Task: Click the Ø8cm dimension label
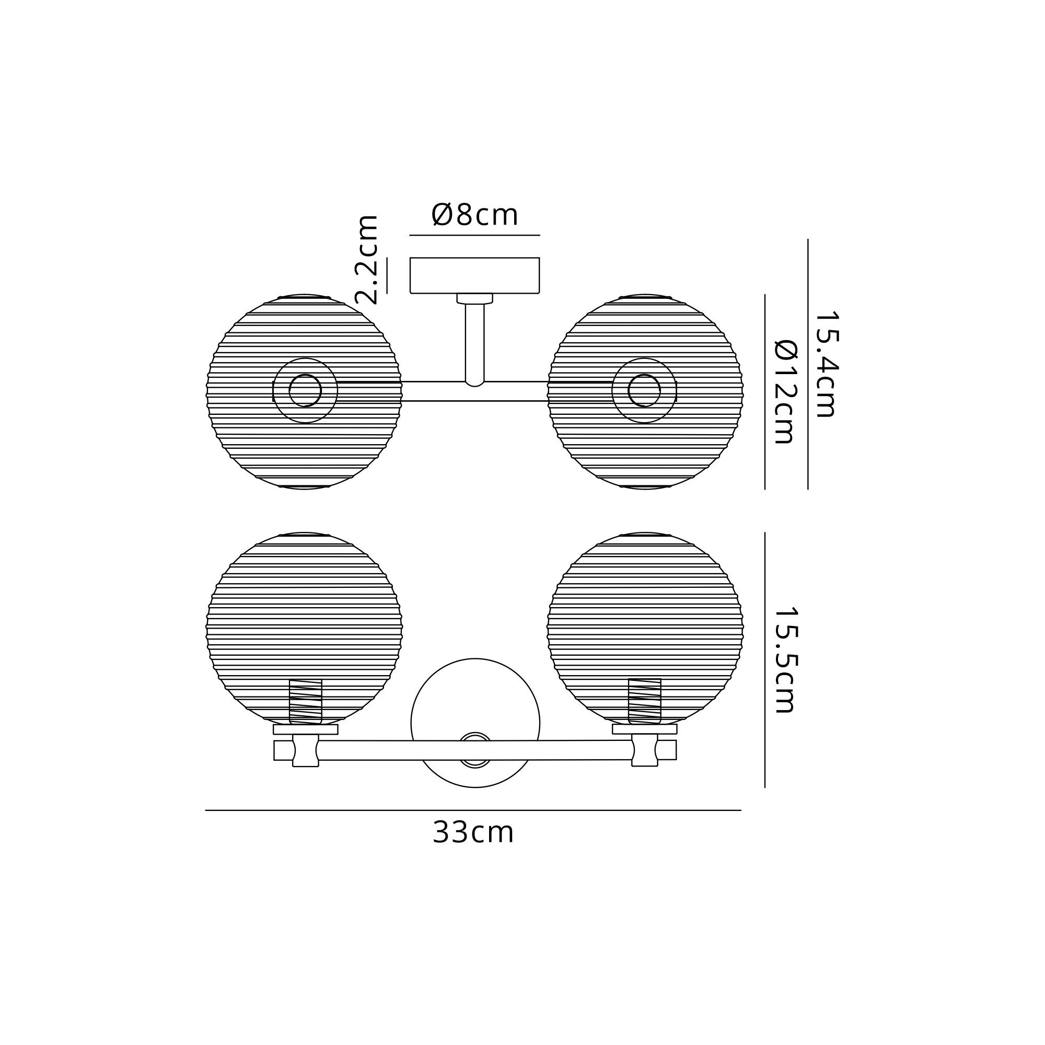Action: [474, 215]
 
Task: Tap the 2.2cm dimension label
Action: [366, 259]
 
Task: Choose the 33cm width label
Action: [473, 832]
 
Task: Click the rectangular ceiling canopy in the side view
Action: [475, 275]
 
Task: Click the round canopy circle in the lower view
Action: [475, 659]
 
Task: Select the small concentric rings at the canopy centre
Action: [475, 750]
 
